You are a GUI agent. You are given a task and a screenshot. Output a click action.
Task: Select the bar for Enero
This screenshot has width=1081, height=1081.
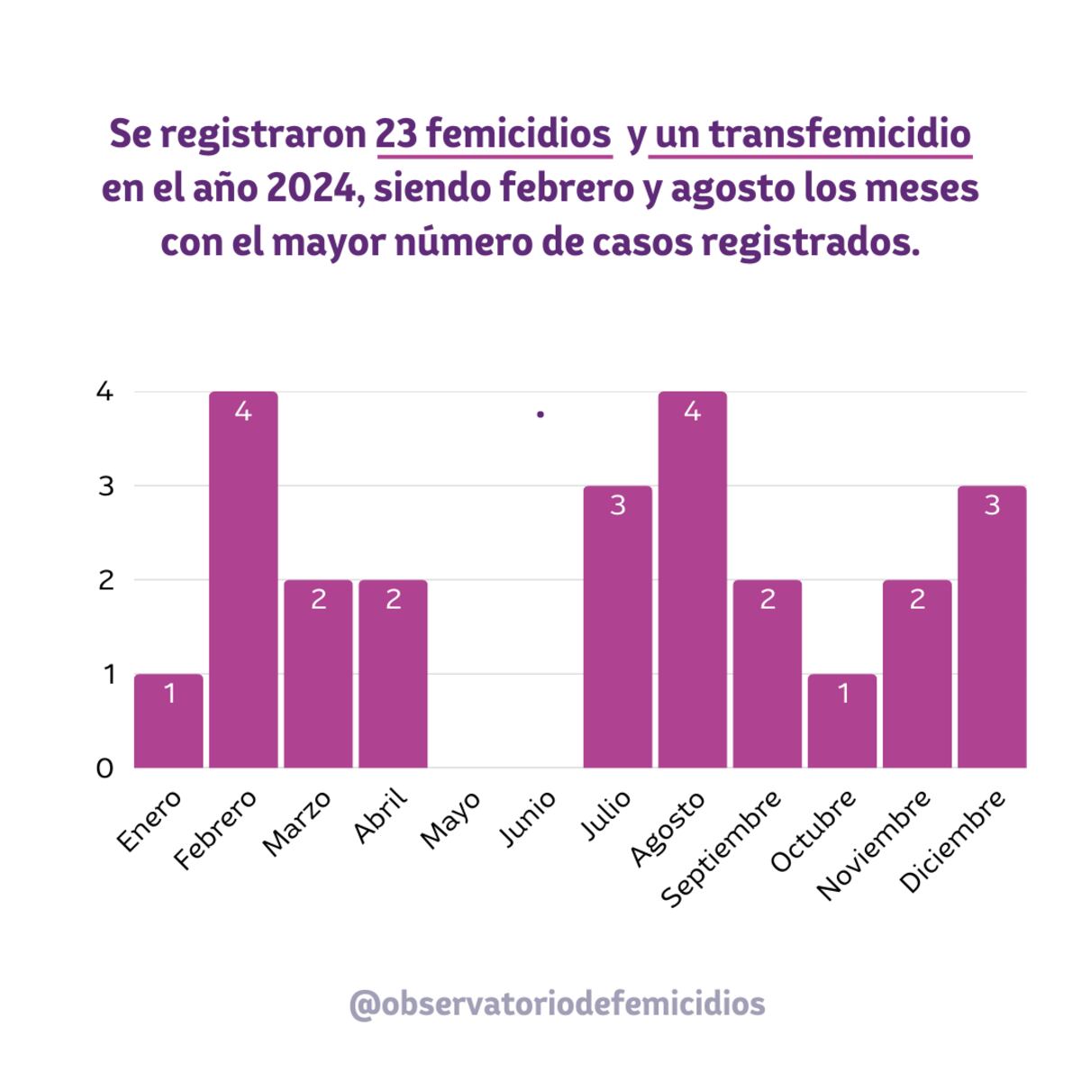pos(168,721)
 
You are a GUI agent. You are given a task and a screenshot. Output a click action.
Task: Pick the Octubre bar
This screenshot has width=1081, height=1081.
pos(841,721)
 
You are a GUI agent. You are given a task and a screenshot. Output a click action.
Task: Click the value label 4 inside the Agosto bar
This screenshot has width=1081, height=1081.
pos(692,412)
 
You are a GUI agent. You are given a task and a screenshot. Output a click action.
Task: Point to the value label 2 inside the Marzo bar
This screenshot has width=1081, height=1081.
pos(318,600)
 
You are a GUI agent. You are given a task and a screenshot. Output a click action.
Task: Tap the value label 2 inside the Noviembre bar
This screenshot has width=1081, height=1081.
pos(917,600)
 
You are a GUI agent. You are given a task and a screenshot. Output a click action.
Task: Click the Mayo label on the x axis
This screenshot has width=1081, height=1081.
pos(450,819)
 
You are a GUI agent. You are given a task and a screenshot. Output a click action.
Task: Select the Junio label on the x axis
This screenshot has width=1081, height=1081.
pos(528,819)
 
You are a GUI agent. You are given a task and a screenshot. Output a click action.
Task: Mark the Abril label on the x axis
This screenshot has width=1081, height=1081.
pos(381,816)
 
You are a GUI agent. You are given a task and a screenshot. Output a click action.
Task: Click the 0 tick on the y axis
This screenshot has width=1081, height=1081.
pos(105,768)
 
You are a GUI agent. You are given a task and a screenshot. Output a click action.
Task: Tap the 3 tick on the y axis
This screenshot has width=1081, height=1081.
pos(105,486)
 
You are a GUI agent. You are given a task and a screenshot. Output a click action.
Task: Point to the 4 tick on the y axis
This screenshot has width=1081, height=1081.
pos(105,392)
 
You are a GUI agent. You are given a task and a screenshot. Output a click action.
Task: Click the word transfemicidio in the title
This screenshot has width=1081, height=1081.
pos(840,134)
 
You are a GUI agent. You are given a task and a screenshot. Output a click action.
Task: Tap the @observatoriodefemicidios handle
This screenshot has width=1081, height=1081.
pos(557,1004)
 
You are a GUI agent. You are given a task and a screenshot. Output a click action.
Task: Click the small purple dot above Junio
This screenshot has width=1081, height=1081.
pos(540,414)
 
